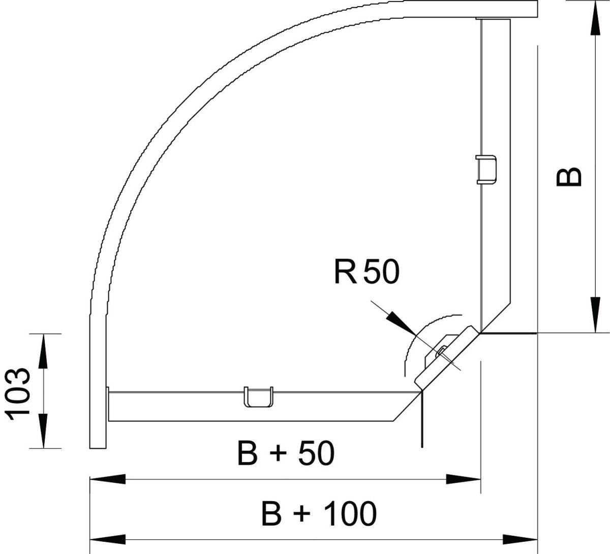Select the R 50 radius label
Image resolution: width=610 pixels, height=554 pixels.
[367, 272]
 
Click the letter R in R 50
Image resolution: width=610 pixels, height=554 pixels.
[344, 272]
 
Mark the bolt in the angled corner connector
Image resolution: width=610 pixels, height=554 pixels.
[441, 352]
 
